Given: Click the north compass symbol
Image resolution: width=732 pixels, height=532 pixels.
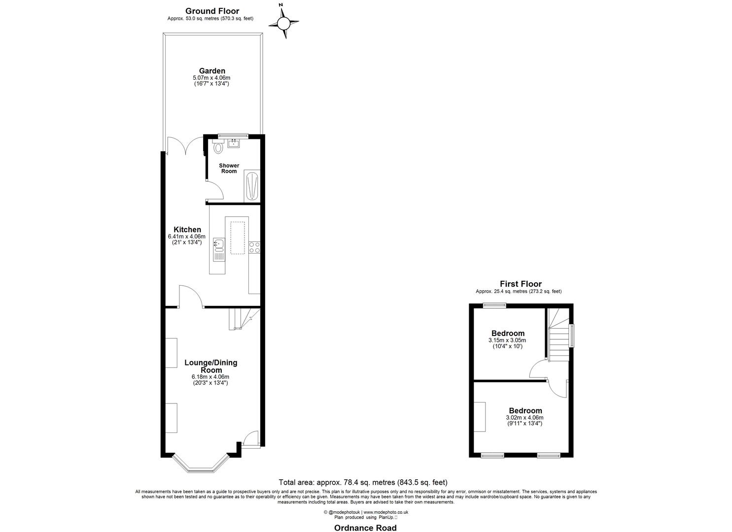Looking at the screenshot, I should pos(284,23).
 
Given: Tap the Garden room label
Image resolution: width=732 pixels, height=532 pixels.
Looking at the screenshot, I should pos(211,71).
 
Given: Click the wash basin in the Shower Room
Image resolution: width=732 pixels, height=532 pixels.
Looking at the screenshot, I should pos(233,143).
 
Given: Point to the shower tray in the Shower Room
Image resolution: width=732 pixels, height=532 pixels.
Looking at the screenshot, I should pos(251,186).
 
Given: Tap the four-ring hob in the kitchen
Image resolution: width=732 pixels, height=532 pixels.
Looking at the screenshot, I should pos(254,247).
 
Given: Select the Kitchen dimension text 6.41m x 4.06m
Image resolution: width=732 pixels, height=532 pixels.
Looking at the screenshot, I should pos(187,236).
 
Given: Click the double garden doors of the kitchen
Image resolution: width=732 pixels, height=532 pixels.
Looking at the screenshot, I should pos(185,146).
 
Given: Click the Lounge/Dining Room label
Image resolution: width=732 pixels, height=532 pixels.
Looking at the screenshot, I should pos(210,366).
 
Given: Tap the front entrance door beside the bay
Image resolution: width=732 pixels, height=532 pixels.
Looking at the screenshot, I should pos(251,439).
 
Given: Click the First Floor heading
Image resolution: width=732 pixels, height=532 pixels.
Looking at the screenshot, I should pos(521,284).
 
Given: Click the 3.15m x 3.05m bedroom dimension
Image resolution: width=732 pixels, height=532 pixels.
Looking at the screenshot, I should pos(507,340).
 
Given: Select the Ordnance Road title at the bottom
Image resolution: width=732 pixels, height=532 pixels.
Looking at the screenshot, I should pos(365,528).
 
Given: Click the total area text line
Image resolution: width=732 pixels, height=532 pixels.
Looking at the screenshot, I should pos(363,482).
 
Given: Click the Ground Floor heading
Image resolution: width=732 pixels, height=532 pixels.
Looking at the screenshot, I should pos(212,11).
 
